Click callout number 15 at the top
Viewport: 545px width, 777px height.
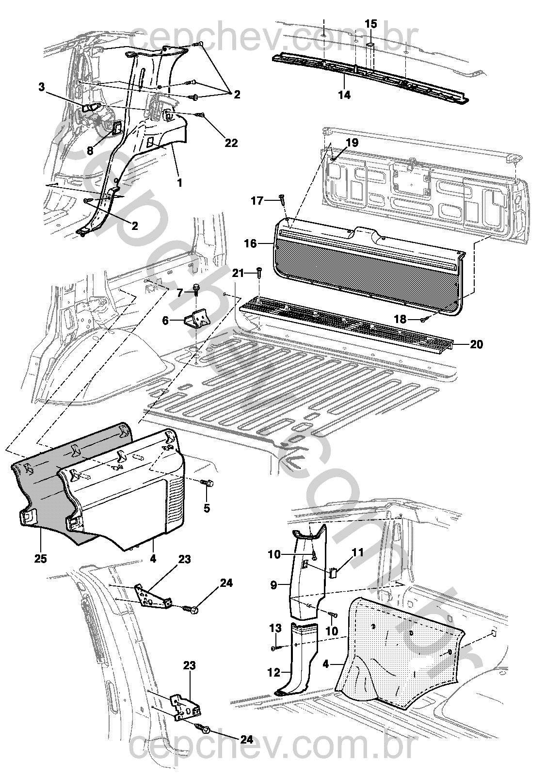coord(370,23)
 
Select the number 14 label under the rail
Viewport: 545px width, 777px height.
coord(344,95)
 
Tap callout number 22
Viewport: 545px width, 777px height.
coord(232,143)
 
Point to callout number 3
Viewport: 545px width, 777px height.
coord(42,87)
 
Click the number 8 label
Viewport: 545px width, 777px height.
coord(90,151)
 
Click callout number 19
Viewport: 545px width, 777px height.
coord(352,143)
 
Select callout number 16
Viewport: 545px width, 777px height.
coord(250,243)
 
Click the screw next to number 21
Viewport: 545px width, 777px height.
coord(259,273)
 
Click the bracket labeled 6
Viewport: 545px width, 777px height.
coord(197,320)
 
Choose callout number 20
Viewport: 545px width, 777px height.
coord(477,344)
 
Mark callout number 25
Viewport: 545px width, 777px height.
coord(41,559)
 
